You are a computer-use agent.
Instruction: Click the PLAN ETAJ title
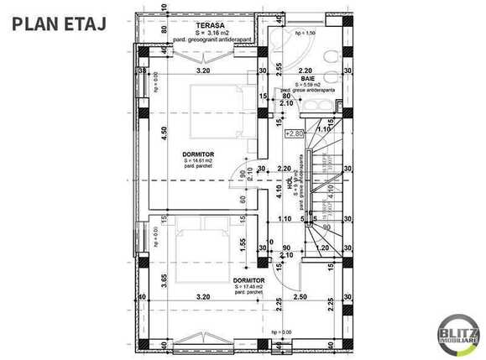click(58, 23)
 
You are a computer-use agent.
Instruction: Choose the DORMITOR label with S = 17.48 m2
click(248, 280)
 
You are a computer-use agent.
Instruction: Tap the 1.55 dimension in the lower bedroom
click(241, 245)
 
